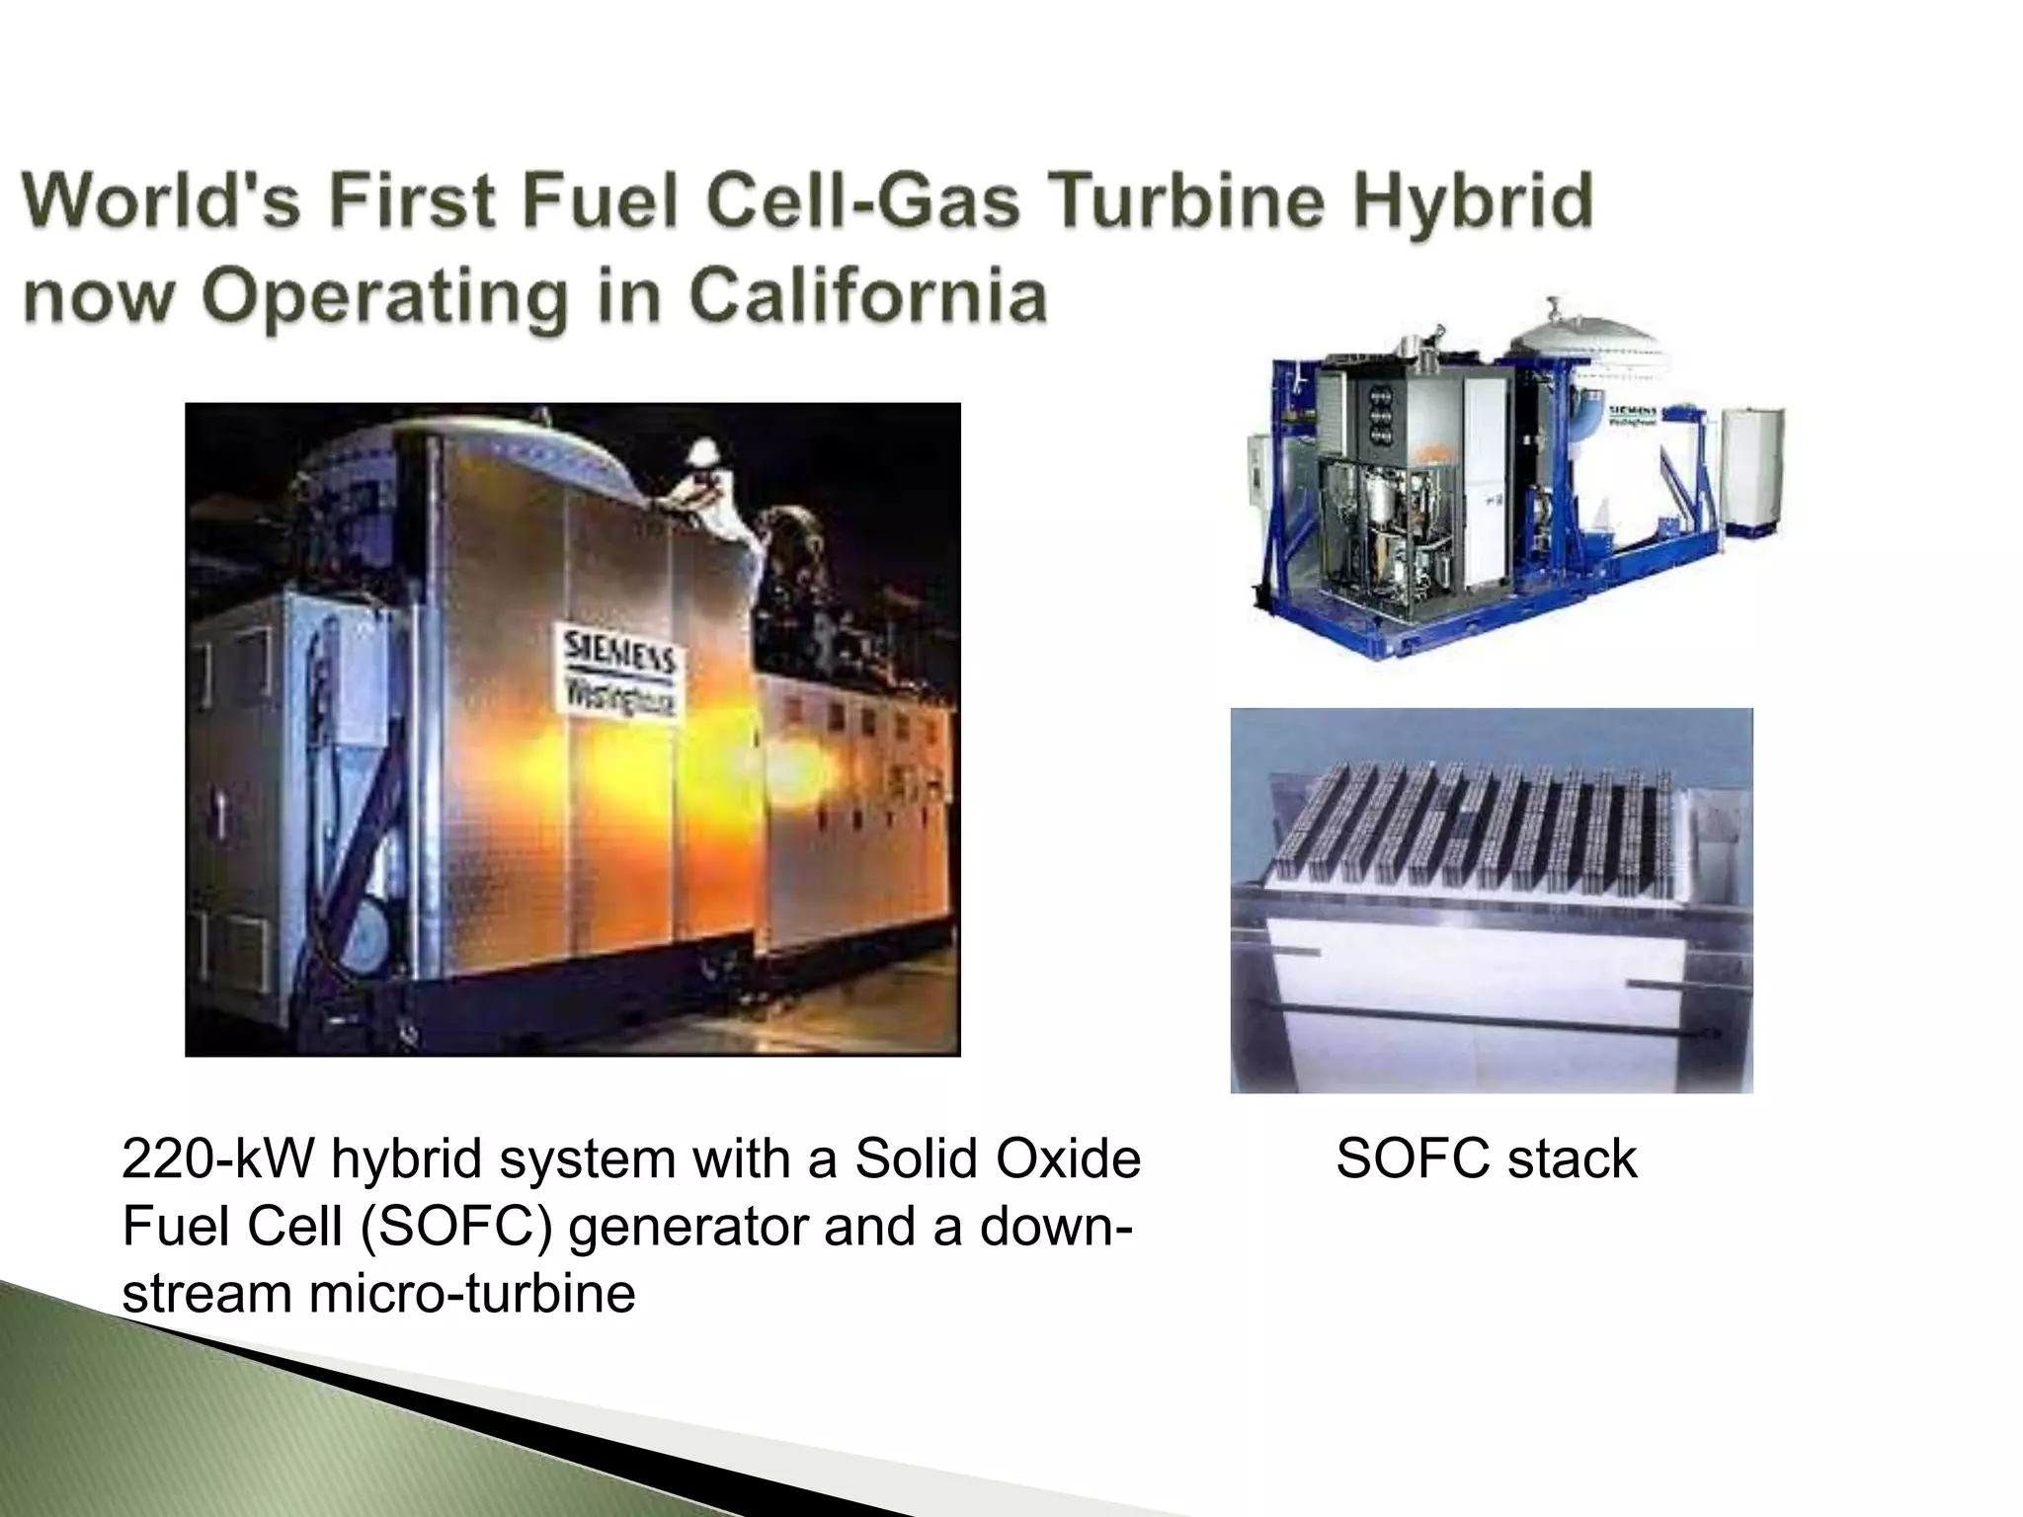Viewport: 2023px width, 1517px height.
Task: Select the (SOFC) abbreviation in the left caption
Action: tap(452, 1227)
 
